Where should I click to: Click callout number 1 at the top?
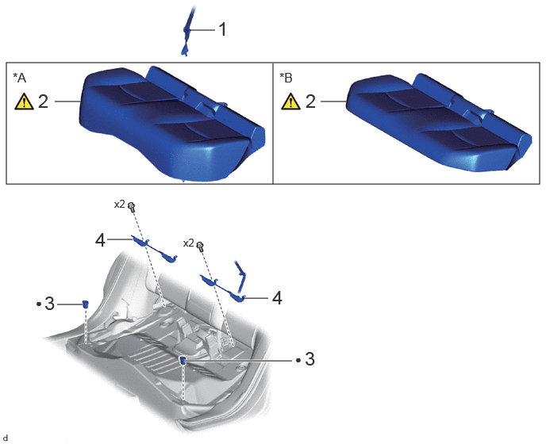222,29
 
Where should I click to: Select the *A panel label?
20,78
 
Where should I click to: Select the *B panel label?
286,78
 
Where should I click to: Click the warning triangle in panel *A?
24,101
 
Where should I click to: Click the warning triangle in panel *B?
290,101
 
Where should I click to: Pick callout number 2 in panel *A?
43,101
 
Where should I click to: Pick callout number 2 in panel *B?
310,101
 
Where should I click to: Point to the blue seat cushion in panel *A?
172,124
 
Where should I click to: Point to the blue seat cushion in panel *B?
440,122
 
